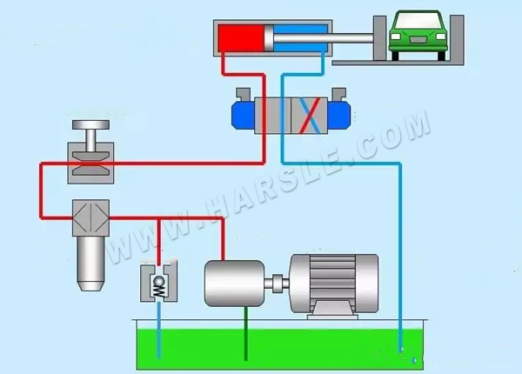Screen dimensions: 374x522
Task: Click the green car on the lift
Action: (x=416, y=37)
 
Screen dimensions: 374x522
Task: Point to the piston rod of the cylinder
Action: (x=357, y=37)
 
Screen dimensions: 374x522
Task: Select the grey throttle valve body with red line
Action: (x=90, y=165)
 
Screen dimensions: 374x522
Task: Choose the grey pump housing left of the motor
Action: (x=232, y=282)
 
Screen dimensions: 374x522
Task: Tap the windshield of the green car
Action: (x=416, y=21)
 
